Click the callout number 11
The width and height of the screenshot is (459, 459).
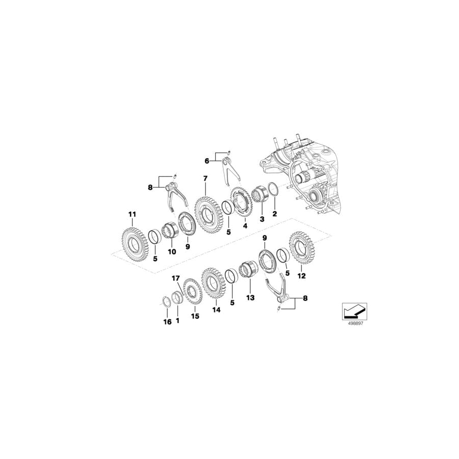coord(132,215)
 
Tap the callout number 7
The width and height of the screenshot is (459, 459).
coord(205,178)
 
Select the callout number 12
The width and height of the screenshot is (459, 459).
coord(302,276)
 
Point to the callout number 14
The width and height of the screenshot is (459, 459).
coord(216,309)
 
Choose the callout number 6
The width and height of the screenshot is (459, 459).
coord(207,161)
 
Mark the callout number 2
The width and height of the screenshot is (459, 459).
coord(275,215)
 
